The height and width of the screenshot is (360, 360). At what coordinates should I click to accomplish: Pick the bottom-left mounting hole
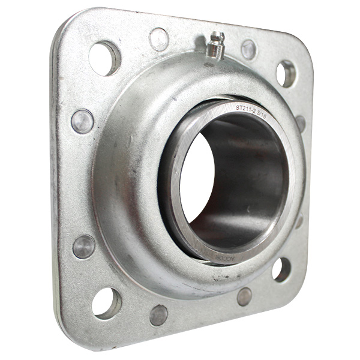[105, 303]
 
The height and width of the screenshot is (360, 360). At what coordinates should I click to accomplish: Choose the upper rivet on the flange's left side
[82, 121]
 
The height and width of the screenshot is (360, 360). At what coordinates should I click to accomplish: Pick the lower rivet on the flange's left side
[83, 247]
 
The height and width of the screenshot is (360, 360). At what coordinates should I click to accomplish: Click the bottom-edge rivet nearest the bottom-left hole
[158, 315]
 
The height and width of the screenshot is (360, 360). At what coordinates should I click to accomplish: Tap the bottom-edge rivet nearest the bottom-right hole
[244, 296]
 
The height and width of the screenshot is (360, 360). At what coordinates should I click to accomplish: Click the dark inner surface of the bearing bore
[246, 180]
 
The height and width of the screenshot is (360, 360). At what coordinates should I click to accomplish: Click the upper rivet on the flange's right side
[300, 123]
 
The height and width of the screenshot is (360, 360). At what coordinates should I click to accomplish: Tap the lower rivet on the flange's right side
[298, 221]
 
